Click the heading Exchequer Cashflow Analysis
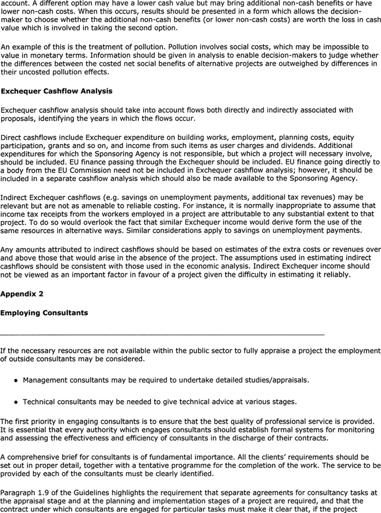click(56, 91)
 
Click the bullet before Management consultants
click(17, 381)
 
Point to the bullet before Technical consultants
click(17, 402)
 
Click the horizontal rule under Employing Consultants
click(162, 334)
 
